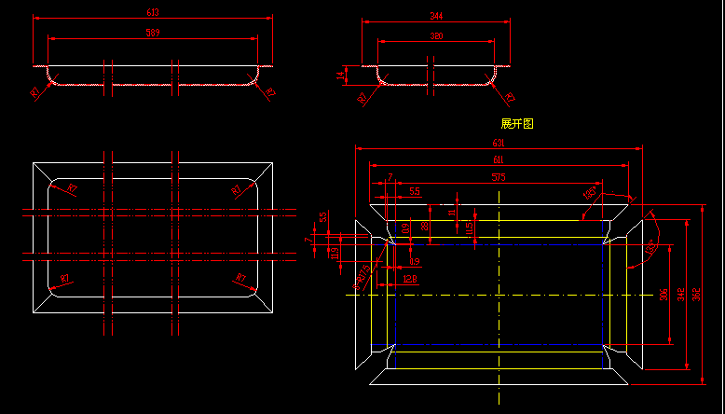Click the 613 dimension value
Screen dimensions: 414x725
point(154,12)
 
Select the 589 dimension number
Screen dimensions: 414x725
point(154,33)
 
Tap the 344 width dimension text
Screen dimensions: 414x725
point(436,16)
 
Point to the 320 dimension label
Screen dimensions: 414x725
point(436,36)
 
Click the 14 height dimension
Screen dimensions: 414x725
point(342,73)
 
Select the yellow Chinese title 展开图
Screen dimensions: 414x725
point(517,123)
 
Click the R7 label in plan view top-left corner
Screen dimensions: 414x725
point(72,188)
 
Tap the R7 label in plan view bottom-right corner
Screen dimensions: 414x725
point(239,278)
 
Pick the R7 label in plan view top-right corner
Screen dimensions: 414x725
point(236,189)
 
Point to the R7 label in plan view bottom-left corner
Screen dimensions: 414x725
point(65,279)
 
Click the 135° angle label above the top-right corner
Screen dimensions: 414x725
point(590,192)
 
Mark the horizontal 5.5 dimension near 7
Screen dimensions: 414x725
point(414,191)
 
